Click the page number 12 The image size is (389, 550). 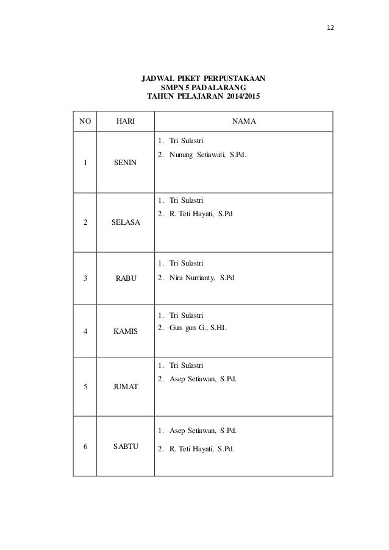tap(332, 29)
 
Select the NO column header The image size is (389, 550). tap(85, 121)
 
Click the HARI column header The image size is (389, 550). tap(126, 121)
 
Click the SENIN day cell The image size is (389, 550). tap(125, 163)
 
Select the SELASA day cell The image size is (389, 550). tap(126, 224)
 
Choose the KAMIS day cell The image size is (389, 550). tap(126, 332)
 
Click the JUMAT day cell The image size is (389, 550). tap(126, 386)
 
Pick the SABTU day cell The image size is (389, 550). tap(126, 446)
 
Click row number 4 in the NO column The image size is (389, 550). tap(85, 332)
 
